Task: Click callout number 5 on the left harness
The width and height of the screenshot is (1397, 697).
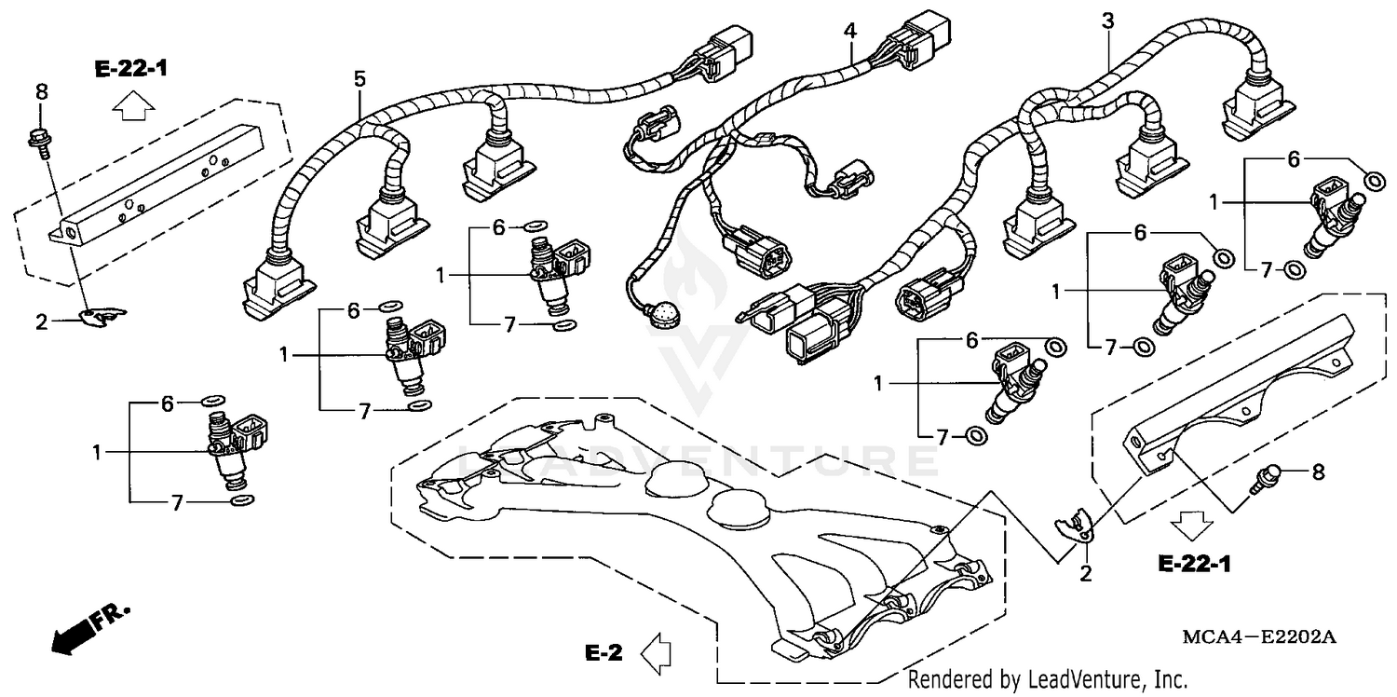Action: tap(359, 79)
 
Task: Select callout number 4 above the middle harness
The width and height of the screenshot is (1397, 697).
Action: tap(849, 31)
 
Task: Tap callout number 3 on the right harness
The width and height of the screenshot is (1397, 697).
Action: tap(1107, 21)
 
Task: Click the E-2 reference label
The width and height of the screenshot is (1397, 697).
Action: tap(604, 653)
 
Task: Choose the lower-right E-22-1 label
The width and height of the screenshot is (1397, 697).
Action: tap(1195, 564)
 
